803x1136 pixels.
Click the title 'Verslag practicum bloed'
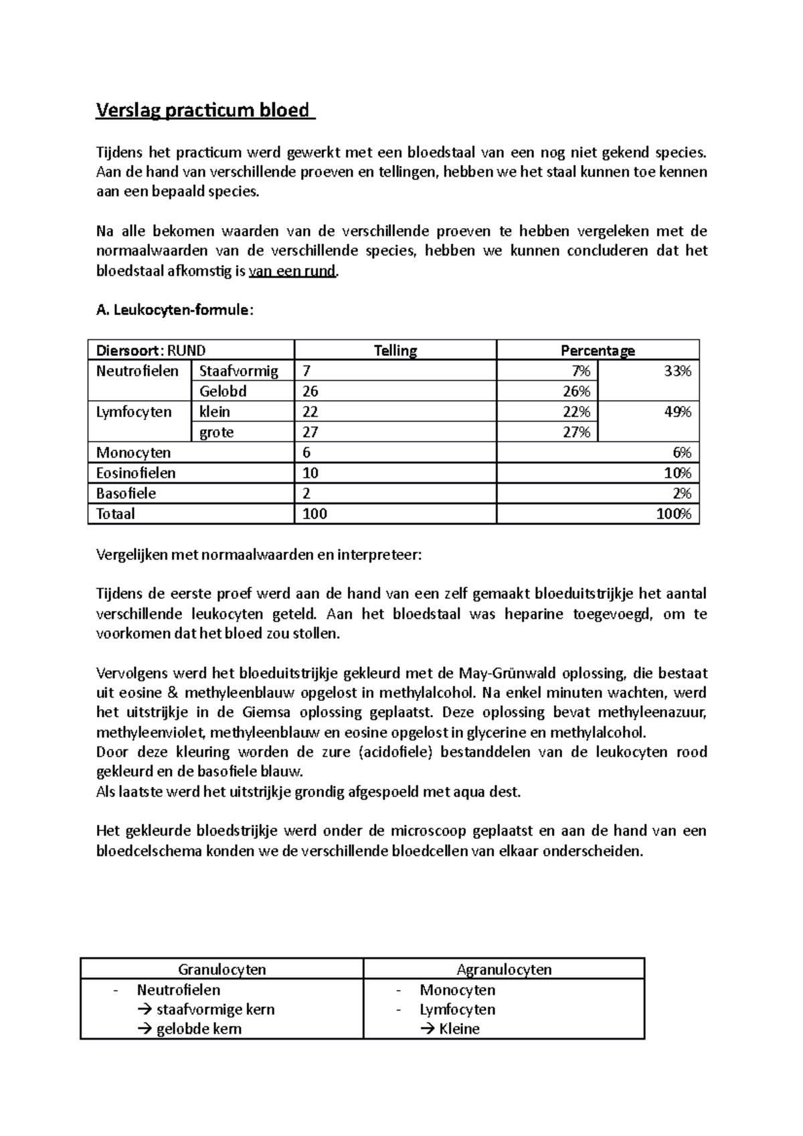tap(204, 110)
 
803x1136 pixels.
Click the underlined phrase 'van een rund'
tap(292, 271)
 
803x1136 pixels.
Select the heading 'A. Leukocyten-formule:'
tap(175, 310)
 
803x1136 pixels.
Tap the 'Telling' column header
tap(395, 351)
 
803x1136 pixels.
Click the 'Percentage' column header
tap(597, 351)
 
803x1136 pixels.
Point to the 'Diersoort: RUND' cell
tap(151, 351)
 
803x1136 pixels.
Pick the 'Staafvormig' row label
tap(238, 371)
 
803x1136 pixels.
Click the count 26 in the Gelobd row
tap(310, 391)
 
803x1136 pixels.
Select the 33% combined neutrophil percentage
tap(677, 371)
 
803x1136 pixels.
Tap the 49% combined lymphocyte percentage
tap(677, 411)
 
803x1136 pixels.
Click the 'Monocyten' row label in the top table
tap(134, 453)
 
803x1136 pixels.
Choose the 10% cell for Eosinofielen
tap(677, 473)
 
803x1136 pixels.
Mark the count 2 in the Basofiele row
tap(306, 494)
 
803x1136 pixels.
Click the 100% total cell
tap(675, 514)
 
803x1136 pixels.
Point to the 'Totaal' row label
tap(116, 514)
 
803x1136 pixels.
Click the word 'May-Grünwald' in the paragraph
tap(509, 673)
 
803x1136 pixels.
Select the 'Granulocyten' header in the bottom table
tap(221, 969)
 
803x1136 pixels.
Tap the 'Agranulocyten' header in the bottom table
tap(504, 969)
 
